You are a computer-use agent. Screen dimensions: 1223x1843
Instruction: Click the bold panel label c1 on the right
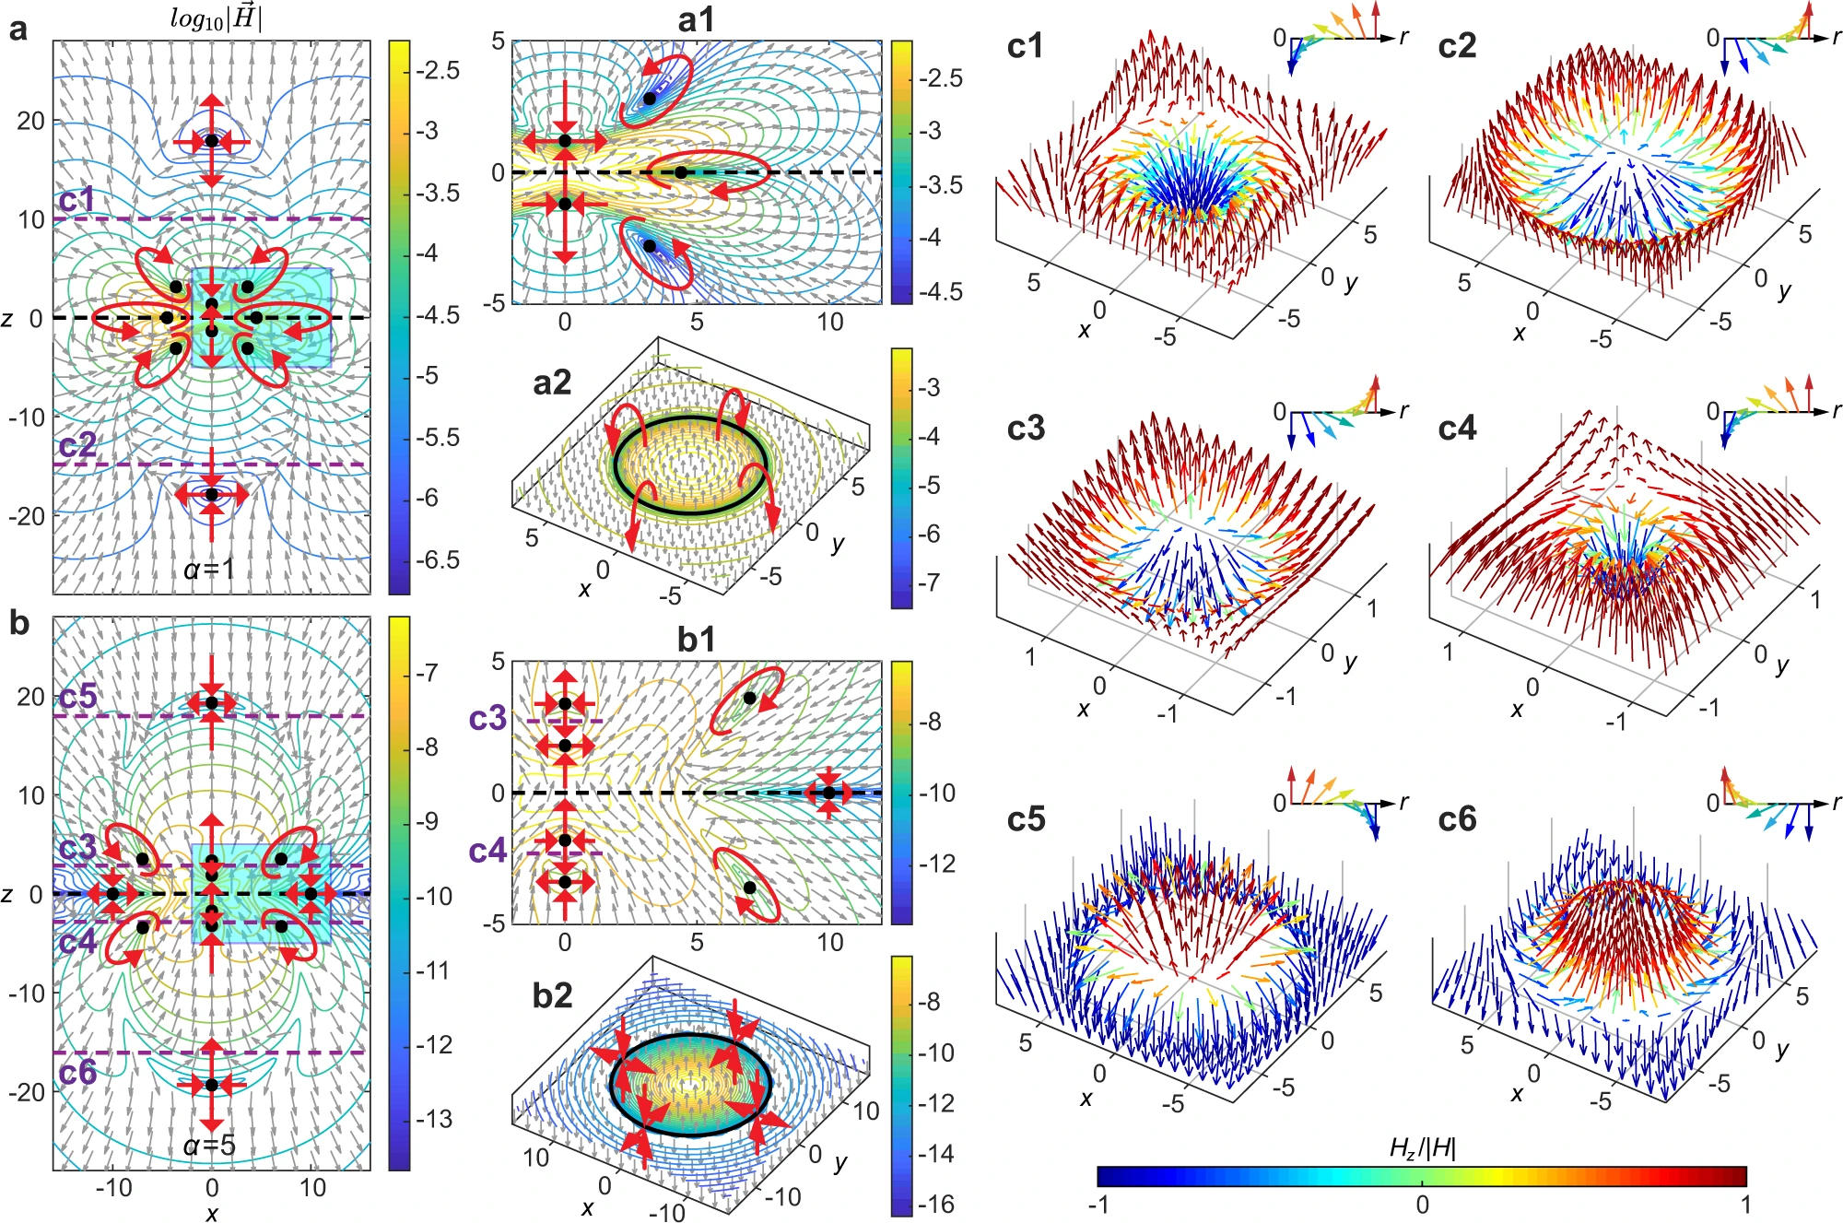[x=1025, y=46]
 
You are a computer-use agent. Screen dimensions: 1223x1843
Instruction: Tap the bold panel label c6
[x=1457, y=819]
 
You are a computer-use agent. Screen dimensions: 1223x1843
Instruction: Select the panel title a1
[x=696, y=19]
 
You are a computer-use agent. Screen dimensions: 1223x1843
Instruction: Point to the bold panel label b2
[x=552, y=995]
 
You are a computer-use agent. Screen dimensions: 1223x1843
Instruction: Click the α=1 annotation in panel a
[x=210, y=570]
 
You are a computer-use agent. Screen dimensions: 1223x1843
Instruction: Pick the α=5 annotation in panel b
[x=210, y=1146]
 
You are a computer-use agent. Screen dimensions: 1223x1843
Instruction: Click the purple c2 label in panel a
[x=77, y=446]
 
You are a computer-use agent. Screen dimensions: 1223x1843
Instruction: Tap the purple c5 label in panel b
[x=77, y=697]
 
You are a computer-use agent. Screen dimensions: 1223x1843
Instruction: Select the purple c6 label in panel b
[x=77, y=1072]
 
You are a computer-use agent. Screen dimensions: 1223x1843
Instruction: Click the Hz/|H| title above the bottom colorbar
[x=1422, y=1148]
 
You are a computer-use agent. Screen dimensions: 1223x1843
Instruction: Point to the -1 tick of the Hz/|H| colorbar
[x=1098, y=1205]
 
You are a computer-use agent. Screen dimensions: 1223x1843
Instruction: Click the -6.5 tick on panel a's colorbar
[x=437, y=560]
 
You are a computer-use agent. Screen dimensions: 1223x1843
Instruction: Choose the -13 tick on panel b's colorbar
[x=433, y=1119]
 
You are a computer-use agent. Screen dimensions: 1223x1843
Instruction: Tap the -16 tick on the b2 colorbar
[x=935, y=1204]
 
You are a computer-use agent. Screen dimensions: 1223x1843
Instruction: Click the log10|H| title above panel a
[x=216, y=18]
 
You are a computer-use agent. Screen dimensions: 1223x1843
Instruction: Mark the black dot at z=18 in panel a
[x=212, y=140]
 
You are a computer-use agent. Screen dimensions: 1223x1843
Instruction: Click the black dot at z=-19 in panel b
[x=212, y=1085]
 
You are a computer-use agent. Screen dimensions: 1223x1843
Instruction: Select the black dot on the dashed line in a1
[x=680, y=172]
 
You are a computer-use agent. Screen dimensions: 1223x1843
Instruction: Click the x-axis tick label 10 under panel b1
[x=829, y=942]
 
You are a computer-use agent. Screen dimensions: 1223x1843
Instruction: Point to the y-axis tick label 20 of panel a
[x=30, y=121]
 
